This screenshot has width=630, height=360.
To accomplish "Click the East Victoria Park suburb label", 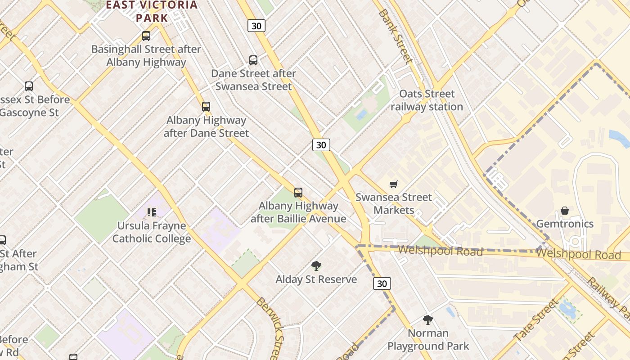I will pyautogui.click(x=152, y=12).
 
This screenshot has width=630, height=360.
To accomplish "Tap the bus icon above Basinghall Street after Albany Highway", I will pyautogui.click(x=146, y=36).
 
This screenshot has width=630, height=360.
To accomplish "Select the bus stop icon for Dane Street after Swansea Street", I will pyautogui.click(x=253, y=60).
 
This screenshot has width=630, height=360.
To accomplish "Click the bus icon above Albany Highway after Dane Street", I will pyautogui.click(x=206, y=107).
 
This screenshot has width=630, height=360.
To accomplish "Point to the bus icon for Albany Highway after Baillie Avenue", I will pyautogui.click(x=298, y=193).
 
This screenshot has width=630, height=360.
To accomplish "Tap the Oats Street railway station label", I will pyautogui.click(x=427, y=100).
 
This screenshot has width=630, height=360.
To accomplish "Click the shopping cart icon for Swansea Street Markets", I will pyautogui.click(x=394, y=184).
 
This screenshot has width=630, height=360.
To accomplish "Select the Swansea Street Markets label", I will pyautogui.click(x=393, y=203).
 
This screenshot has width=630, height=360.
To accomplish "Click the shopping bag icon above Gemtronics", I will pyautogui.click(x=564, y=211).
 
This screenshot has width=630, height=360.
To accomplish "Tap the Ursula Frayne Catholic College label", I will pyautogui.click(x=152, y=232).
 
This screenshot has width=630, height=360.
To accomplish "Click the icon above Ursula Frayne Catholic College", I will pyautogui.click(x=152, y=212).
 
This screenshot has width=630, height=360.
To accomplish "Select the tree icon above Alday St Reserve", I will pyautogui.click(x=316, y=266).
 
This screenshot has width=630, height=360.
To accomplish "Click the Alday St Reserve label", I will pyautogui.click(x=316, y=279).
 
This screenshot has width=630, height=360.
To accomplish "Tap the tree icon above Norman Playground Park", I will pyautogui.click(x=428, y=320).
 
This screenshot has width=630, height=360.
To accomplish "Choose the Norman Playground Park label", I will pyautogui.click(x=428, y=340).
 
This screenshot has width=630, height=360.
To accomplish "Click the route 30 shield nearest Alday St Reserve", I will pyautogui.click(x=382, y=283).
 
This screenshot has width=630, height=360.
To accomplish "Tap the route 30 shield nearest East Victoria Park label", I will pyautogui.click(x=256, y=26).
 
